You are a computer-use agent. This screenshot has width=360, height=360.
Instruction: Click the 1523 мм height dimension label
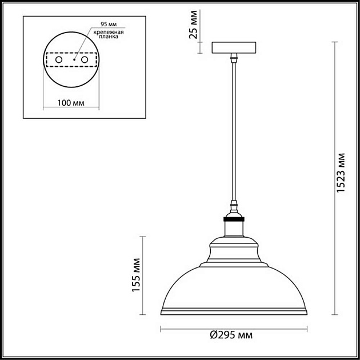click(x=341, y=174)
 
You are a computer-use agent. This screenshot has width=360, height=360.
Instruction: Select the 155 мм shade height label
click(x=137, y=276)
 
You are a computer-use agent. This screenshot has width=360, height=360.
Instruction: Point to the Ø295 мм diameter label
click(x=232, y=336)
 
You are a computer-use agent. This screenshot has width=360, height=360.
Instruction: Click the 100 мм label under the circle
click(x=71, y=103)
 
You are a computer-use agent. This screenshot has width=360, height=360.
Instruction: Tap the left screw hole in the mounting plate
click(x=58, y=59)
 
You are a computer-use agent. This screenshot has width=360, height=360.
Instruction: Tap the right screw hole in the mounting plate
click(x=85, y=59)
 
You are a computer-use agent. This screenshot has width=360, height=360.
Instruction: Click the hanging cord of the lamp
click(x=233, y=131)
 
